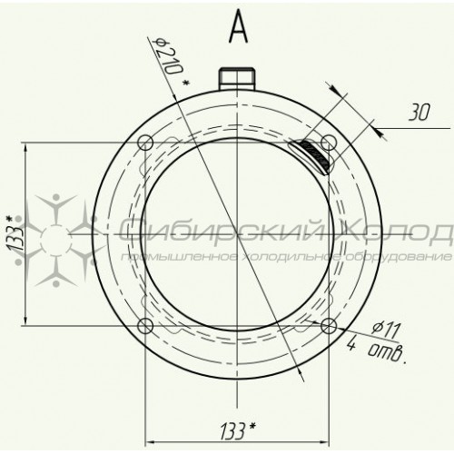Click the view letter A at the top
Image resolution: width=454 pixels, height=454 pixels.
pos(239,26)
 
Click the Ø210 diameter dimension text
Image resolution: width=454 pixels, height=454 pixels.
pos(170,58)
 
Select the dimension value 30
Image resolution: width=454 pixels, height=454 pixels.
pos(419,113)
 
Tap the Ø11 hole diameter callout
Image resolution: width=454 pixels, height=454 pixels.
pos(387,331)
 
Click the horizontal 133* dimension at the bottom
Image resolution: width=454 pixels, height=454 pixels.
pos(238,430)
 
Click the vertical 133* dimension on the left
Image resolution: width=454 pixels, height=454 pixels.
pos(14,233)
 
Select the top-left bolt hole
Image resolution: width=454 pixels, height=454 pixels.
pos(145,143)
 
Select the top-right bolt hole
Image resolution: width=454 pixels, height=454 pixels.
pos(329,143)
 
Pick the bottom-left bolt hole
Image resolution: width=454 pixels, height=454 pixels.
pos(145,326)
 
